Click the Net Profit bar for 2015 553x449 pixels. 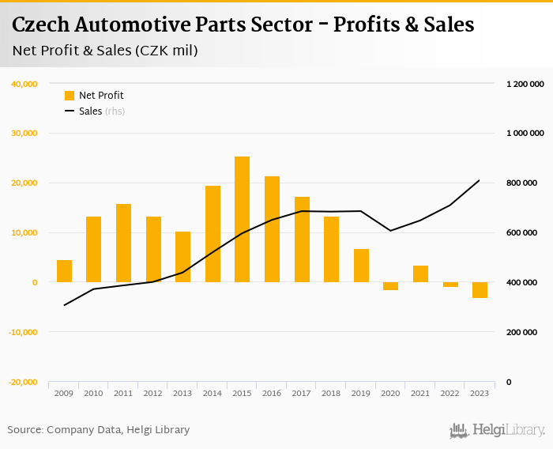click(x=242, y=219)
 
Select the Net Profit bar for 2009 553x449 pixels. click(x=64, y=271)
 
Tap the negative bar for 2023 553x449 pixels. click(x=480, y=290)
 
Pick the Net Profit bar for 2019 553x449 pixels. click(x=361, y=266)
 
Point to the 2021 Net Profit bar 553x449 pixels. click(x=420, y=274)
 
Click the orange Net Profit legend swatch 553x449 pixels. click(x=70, y=96)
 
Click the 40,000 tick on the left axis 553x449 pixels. click(x=24, y=84)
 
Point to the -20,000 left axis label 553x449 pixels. click(x=23, y=383)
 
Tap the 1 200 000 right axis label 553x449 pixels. click(x=525, y=84)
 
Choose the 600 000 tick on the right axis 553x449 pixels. click(x=521, y=233)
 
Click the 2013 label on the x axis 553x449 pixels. click(x=182, y=393)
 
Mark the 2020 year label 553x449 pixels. click(x=390, y=393)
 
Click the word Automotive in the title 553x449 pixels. click(x=155, y=25)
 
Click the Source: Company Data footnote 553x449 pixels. click(x=99, y=430)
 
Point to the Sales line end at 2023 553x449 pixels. click(x=480, y=180)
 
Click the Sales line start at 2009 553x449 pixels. click(x=64, y=305)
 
